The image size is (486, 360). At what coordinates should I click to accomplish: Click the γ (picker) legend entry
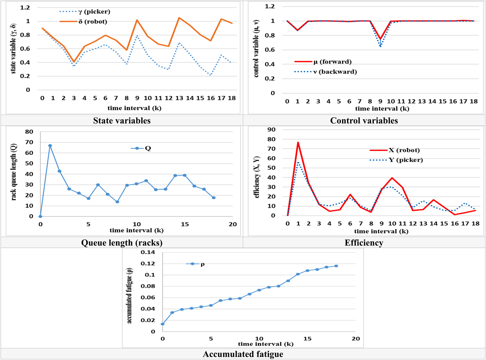[x=85, y=12]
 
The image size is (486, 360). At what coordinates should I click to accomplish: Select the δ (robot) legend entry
[x=83, y=21]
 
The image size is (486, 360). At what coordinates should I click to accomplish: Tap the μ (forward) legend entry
[x=323, y=62]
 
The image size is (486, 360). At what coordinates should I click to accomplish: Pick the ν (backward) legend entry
[x=326, y=72]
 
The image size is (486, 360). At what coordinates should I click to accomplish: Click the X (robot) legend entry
[x=394, y=150]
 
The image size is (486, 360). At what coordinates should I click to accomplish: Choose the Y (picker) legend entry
[x=396, y=160]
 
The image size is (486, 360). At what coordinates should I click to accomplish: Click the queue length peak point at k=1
[x=50, y=146]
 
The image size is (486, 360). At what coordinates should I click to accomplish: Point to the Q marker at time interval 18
[x=214, y=198]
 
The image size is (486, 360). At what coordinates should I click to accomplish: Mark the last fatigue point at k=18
[x=336, y=266]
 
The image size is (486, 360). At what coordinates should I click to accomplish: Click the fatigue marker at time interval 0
[x=163, y=324]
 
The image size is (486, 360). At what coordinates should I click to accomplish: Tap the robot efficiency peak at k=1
[x=298, y=142]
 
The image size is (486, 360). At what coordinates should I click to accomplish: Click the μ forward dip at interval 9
[x=380, y=39]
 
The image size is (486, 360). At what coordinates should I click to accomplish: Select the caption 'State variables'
[x=122, y=121]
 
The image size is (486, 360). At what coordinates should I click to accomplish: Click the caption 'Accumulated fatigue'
[x=243, y=354]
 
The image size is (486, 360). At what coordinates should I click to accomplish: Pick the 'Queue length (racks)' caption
[x=122, y=243]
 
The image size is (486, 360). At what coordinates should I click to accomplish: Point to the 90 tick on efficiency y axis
[x=271, y=130]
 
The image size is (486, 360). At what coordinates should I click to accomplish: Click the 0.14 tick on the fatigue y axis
[x=148, y=252]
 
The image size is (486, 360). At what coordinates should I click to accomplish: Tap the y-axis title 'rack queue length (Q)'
[x=13, y=172]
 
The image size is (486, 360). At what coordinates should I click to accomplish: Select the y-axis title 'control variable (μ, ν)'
[x=256, y=48]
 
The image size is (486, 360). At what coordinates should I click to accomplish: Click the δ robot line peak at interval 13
[x=179, y=18]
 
